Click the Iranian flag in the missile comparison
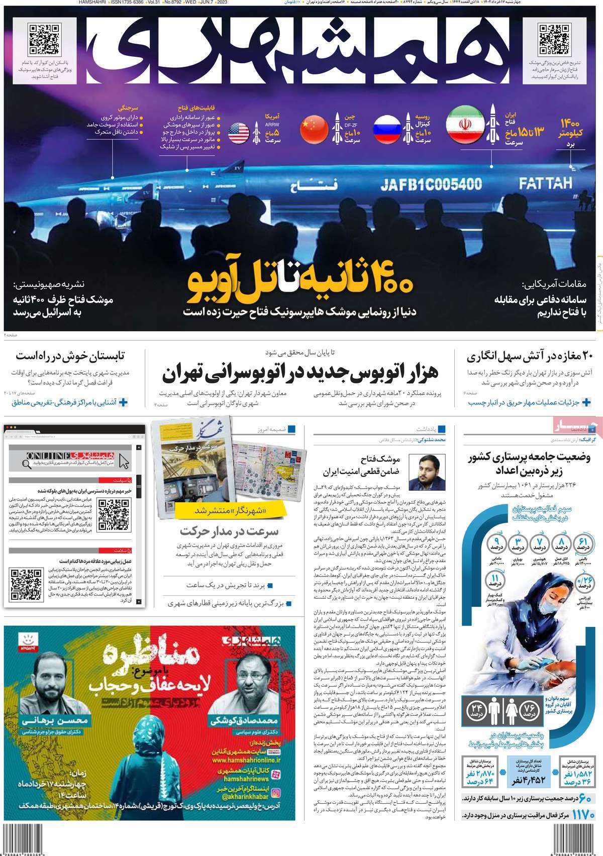pyautogui.click(x=465, y=124)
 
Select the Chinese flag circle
pyautogui.click(x=314, y=129)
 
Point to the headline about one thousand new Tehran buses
pyautogui.click(x=300, y=373)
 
